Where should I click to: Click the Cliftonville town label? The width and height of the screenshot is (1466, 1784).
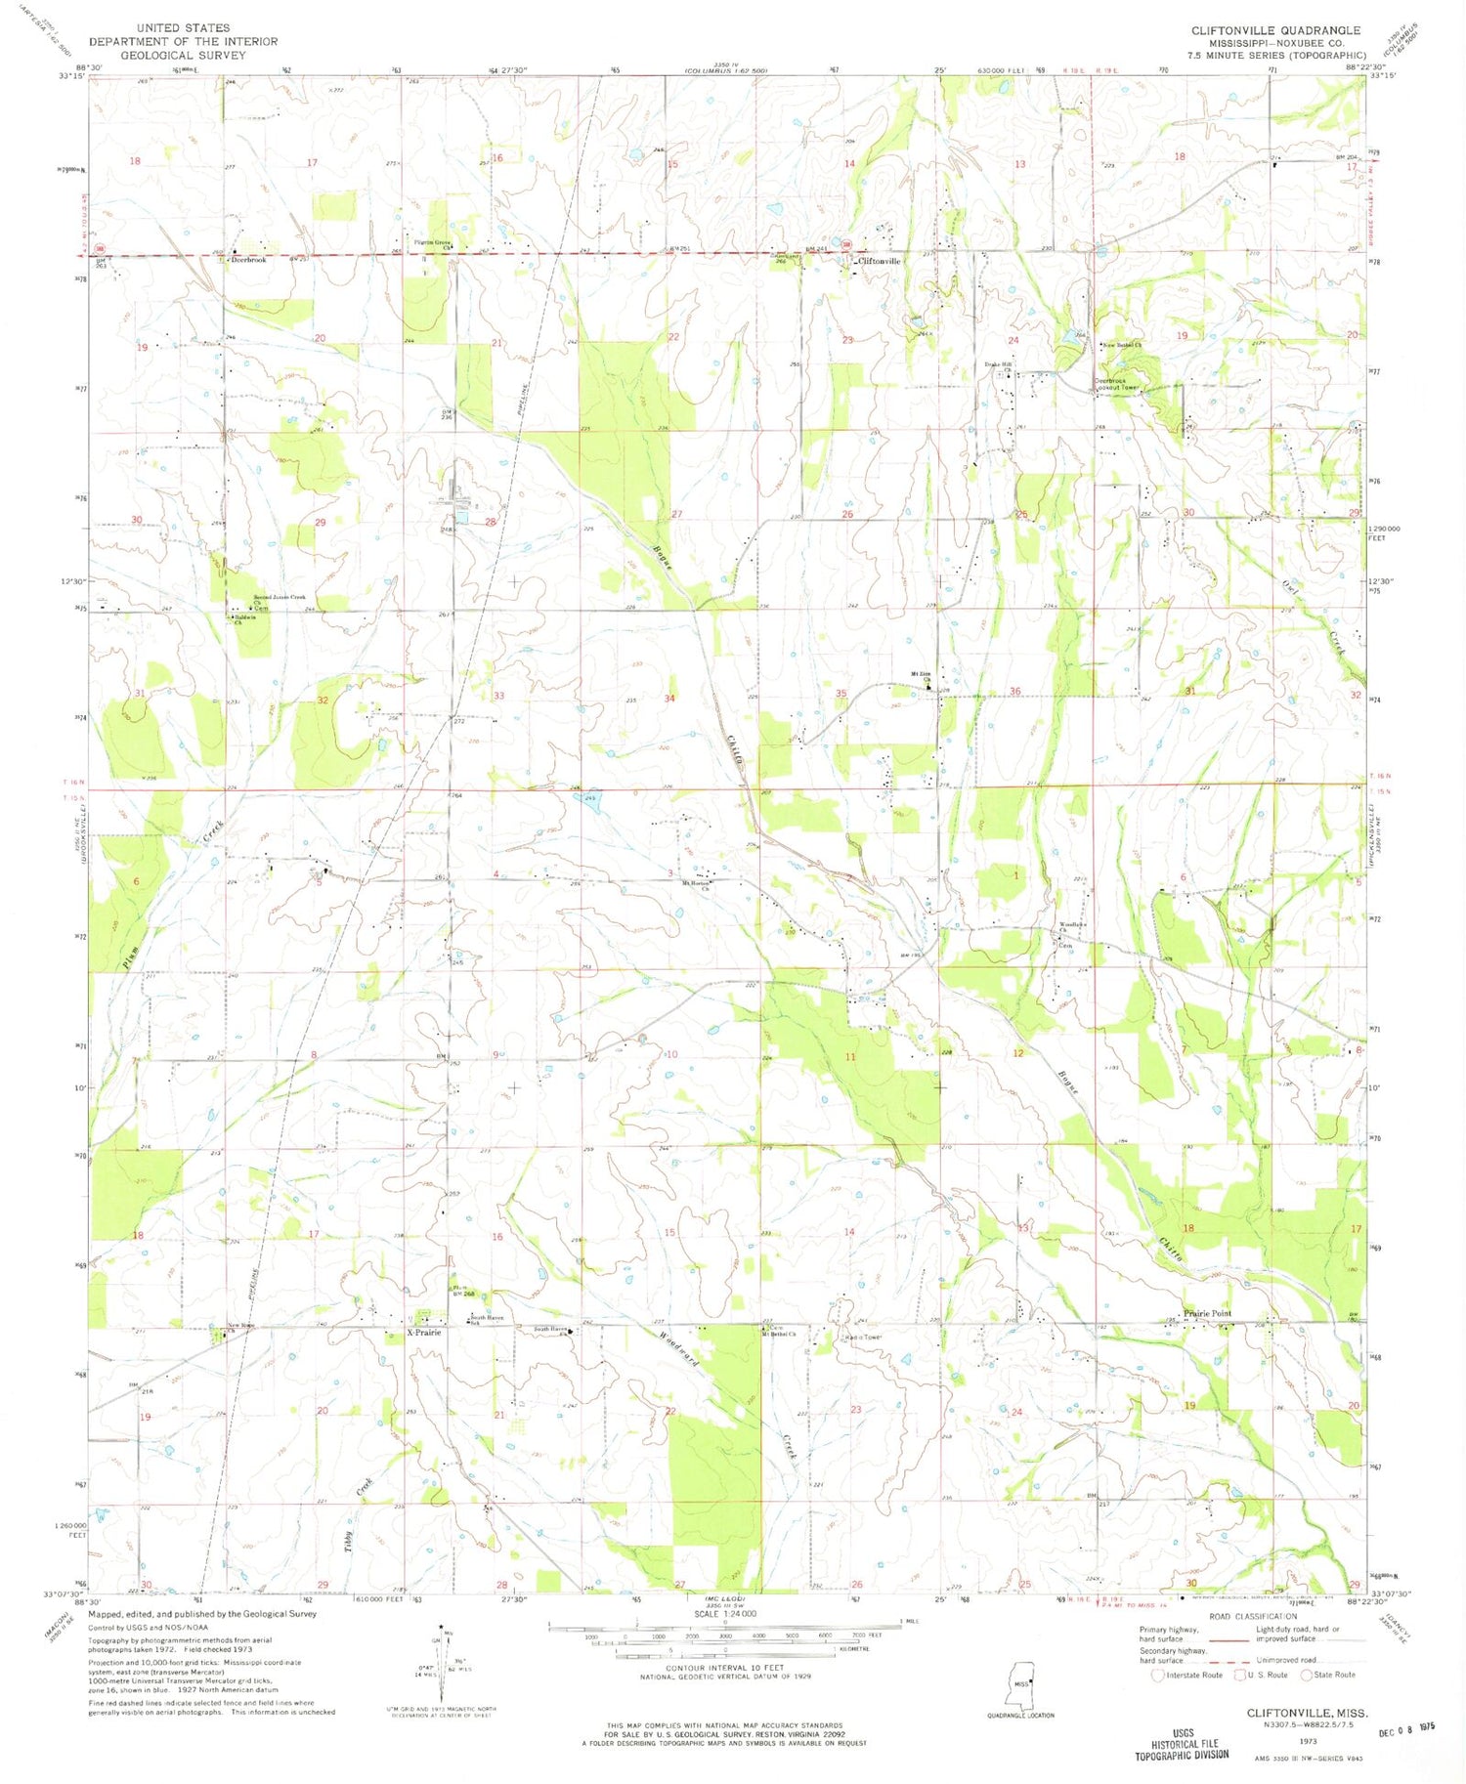(x=879, y=262)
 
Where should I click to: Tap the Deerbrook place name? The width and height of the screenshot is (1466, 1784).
(x=248, y=260)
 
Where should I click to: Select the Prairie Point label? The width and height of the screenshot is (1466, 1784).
(x=1207, y=1314)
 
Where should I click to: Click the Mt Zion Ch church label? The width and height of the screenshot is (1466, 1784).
(x=920, y=676)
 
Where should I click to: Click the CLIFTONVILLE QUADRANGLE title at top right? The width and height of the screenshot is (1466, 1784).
(x=1275, y=30)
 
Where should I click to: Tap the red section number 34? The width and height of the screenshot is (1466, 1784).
(x=669, y=699)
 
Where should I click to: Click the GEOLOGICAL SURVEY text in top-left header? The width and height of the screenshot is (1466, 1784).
(x=183, y=55)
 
